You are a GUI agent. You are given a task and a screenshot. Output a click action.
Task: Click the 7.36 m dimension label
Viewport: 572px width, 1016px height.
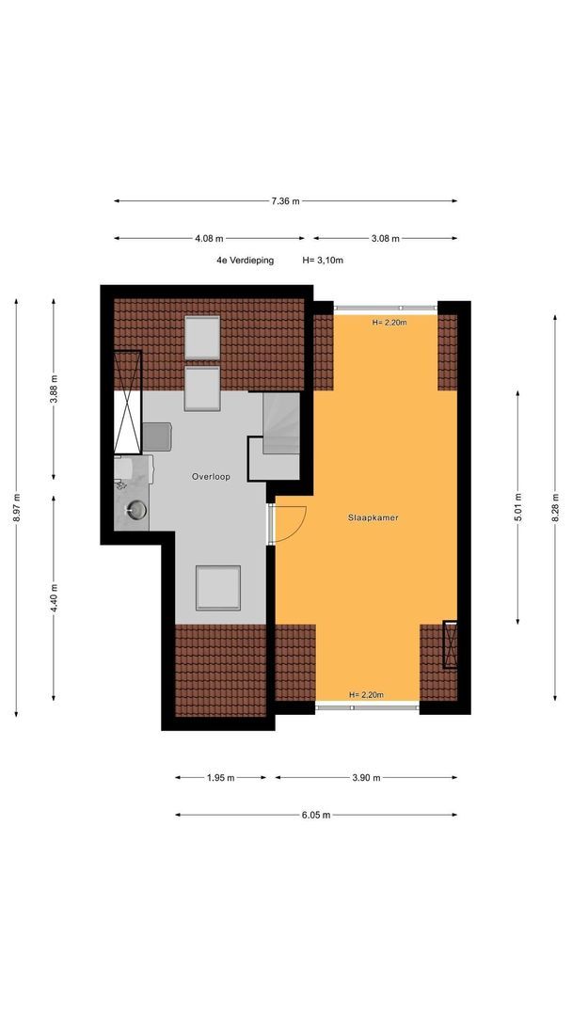point(285,201)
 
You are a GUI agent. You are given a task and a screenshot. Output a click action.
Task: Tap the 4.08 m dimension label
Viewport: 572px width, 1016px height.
point(209,238)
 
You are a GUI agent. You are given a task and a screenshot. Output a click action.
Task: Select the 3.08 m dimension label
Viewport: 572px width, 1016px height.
point(386,238)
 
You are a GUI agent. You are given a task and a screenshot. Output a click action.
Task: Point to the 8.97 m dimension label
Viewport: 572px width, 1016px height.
point(16,508)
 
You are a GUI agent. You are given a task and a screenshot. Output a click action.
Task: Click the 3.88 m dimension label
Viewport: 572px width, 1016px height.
point(53,389)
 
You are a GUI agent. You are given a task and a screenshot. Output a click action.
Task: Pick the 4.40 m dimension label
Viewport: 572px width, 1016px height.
point(53,597)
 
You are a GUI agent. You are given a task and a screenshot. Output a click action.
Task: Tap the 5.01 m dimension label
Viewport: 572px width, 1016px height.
point(517,507)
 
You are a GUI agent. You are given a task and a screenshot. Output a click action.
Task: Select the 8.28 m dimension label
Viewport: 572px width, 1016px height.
point(554,507)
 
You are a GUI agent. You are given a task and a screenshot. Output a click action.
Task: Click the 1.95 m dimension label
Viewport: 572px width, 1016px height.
point(220,778)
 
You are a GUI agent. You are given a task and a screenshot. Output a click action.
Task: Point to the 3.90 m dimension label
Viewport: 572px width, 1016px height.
point(366,778)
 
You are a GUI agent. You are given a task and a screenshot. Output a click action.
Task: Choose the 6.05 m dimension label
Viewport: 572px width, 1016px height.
point(316,815)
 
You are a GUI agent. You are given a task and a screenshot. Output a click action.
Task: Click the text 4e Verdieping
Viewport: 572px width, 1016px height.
point(246,261)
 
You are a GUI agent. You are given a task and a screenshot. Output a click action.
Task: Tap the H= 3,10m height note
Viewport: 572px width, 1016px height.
point(323,261)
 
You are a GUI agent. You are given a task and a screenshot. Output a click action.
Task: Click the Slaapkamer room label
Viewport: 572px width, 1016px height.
point(373,517)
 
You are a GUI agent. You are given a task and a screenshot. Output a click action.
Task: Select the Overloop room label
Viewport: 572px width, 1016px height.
point(211,477)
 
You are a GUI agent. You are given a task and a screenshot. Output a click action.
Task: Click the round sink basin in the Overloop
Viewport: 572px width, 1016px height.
point(136,510)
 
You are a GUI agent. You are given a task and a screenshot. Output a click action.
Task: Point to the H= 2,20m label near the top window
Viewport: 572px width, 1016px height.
point(389,322)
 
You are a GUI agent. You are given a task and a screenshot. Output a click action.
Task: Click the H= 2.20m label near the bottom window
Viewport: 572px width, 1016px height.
point(366,694)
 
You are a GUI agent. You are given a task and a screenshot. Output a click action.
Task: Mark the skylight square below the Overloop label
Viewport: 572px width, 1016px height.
point(218,588)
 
